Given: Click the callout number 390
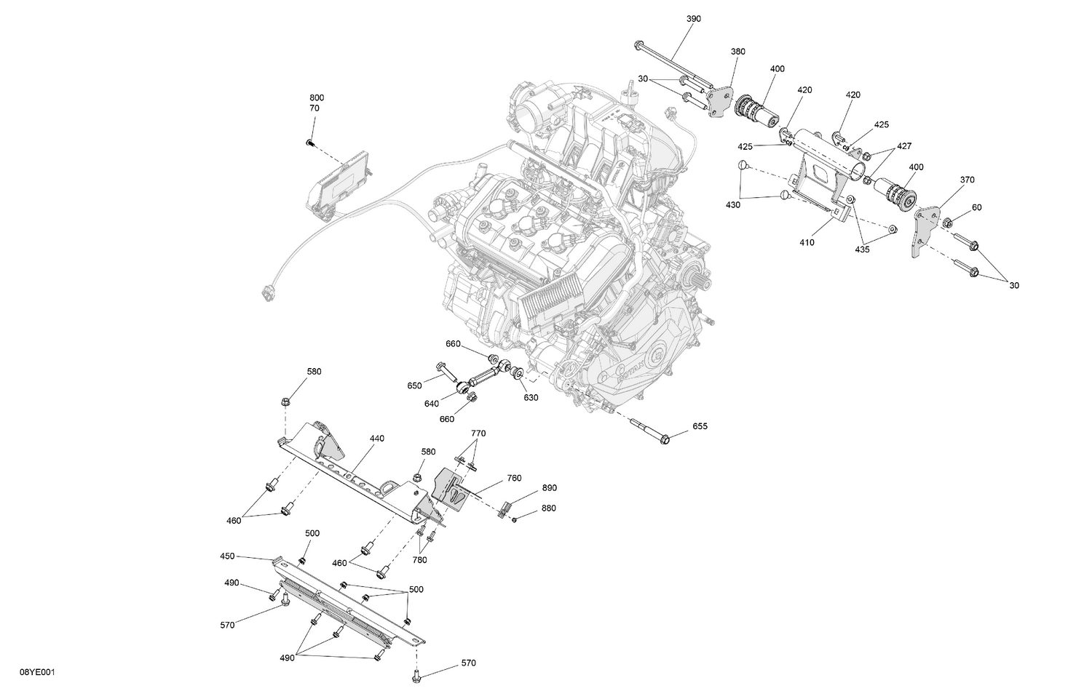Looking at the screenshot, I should pos(693,19).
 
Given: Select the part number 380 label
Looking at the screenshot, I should pos(737,52).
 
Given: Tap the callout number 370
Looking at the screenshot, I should pos(967,180).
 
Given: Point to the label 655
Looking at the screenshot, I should pos(700,426).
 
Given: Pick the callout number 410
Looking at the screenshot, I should pos(807,243).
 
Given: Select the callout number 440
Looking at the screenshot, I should pos(376,439).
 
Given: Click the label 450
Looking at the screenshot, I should pos(227,556).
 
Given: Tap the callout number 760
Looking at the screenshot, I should pos(514,479).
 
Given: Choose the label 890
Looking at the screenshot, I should pos(549,488).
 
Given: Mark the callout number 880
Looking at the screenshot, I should pos(549,508).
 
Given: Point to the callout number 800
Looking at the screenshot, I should pos(317,97).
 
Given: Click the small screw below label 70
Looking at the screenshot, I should pos(309,143).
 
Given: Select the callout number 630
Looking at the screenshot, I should pos(531,398).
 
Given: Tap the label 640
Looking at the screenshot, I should pos(432,404).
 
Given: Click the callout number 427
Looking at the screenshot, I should pos(903,146).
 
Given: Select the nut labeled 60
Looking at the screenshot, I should pos(949,223).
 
